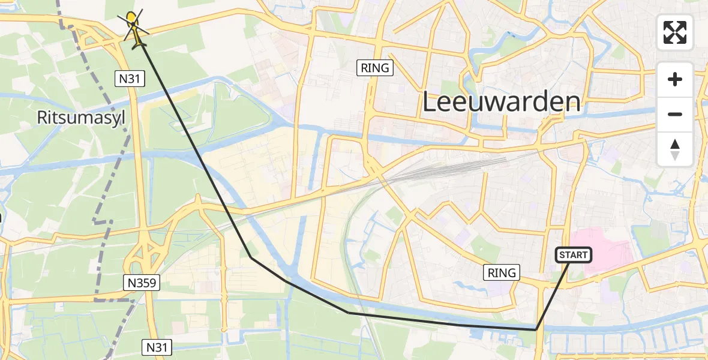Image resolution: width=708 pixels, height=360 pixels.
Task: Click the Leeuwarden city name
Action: point(502,102)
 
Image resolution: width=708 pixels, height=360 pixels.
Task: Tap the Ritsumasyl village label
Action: point(81,118)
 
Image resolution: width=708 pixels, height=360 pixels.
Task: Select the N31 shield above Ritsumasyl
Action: point(130,78)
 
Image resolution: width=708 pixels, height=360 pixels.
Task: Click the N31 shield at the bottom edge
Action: point(157,347)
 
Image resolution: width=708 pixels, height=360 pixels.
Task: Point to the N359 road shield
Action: point(142,283)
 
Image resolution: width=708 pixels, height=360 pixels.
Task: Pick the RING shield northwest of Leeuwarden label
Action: point(376,68)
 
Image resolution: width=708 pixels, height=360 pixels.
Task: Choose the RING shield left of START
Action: point(502,273)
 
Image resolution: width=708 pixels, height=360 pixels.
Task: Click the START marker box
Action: point(574,256)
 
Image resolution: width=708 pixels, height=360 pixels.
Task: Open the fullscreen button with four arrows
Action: point(675,32)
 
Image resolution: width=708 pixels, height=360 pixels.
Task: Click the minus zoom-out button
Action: point(675,114)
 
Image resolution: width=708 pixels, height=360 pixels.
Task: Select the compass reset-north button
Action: point(675,149)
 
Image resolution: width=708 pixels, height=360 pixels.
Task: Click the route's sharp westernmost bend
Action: point(251,257)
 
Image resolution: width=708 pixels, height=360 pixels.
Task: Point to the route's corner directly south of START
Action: point(536,329)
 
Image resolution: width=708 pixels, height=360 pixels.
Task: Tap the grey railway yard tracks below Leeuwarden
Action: point(456,168)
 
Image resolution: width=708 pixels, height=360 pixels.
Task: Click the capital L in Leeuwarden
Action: point(431,102)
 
